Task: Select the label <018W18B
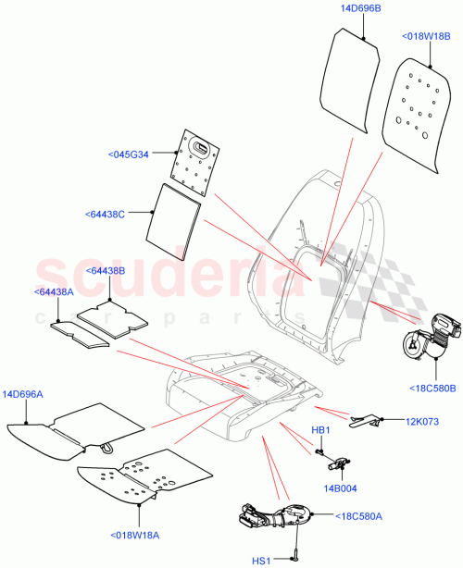point(425,37)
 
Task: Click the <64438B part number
point(105,270)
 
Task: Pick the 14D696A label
point(30,393)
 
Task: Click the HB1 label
point(319,430)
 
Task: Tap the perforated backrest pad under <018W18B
point(417,116)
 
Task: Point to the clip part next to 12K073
point(364,422)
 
